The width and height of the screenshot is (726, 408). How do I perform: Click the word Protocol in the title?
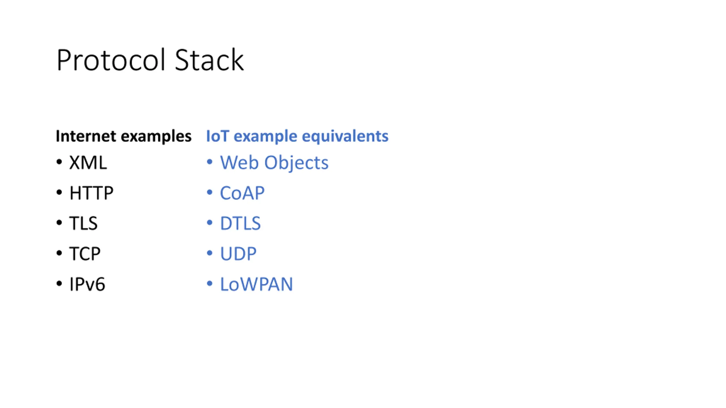click(111, 60)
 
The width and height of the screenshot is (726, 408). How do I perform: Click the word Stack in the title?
click(209, 60)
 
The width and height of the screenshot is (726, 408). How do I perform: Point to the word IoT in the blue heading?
click(218, 136)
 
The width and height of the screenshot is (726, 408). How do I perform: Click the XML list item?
click(88, 163)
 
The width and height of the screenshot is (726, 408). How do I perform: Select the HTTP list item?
click(91, 193)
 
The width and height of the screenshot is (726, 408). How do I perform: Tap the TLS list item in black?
click(83, 223)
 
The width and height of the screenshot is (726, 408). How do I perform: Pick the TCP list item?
click(85, 254)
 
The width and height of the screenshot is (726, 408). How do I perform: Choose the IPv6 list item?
click(87, 284)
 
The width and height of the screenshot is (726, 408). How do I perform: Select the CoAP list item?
click(242, 193)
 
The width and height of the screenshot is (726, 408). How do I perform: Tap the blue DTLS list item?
click(240, 223)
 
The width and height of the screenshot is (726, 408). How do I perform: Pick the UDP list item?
click(238, 254)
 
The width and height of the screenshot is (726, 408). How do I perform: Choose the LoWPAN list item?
click(256, 284)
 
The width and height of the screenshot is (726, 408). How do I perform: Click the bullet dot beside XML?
click(59, 162)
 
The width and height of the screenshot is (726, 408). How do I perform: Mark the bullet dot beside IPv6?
click(59, 283)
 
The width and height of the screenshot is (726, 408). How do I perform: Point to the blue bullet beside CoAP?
click(210, 192)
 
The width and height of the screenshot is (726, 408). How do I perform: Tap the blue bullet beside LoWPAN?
click(210, 283)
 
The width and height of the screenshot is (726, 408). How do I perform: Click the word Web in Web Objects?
click(239, 163)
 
